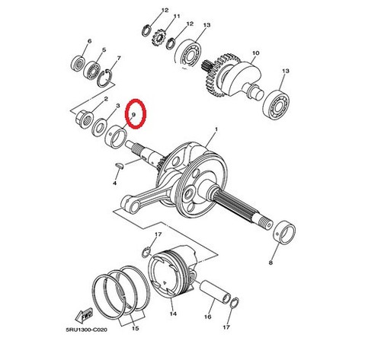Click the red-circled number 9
click(x=133, y=115)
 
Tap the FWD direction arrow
click(x=85, y=315)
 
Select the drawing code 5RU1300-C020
click(x=86, y=330)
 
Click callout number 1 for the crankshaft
click(x=216, y=129)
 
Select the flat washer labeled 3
click(x=100, y=127)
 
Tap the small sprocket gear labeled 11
click(x=159, y=37)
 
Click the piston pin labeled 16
click(x=215, y=291)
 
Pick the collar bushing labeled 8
click(x=285, y=232)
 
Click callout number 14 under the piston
click(x=173, y=314)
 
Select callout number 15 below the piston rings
click(x=136, y=328)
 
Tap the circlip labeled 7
click(x=105, y=78)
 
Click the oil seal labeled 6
click(x=78, y=63)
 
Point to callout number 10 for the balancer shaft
click(x=255, y=53)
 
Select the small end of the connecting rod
click(x=129, y=205)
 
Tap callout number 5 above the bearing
click(x=104, y=49)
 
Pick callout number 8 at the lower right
click(x=271, y=263)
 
